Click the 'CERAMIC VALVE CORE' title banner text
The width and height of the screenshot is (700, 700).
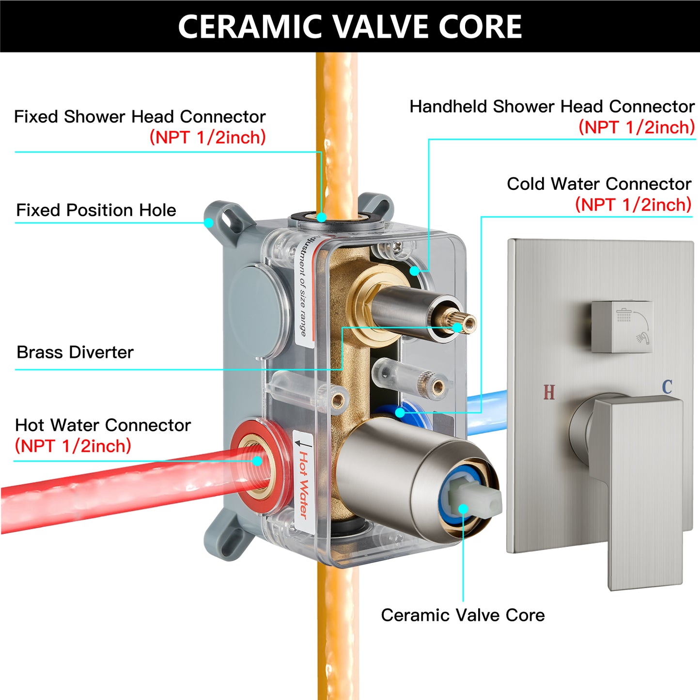350,26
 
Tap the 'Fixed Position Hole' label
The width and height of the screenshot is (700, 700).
96,210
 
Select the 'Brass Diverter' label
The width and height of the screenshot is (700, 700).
75,352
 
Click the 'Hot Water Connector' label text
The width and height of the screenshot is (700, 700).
103,425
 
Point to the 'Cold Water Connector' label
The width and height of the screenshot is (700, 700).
599,184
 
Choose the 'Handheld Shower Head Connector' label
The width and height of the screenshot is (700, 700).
552,107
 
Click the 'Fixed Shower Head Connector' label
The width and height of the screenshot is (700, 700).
140,117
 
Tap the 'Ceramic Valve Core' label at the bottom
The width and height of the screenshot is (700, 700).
463,615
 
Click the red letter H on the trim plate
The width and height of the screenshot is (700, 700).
549,392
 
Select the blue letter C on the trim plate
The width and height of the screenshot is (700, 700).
667,387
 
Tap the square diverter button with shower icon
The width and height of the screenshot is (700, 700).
622,327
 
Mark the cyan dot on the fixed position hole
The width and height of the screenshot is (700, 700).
208,223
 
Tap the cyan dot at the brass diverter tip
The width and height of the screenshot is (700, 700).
457,327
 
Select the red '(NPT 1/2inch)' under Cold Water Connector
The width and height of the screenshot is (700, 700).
633,204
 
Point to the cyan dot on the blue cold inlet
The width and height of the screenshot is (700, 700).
400,413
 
